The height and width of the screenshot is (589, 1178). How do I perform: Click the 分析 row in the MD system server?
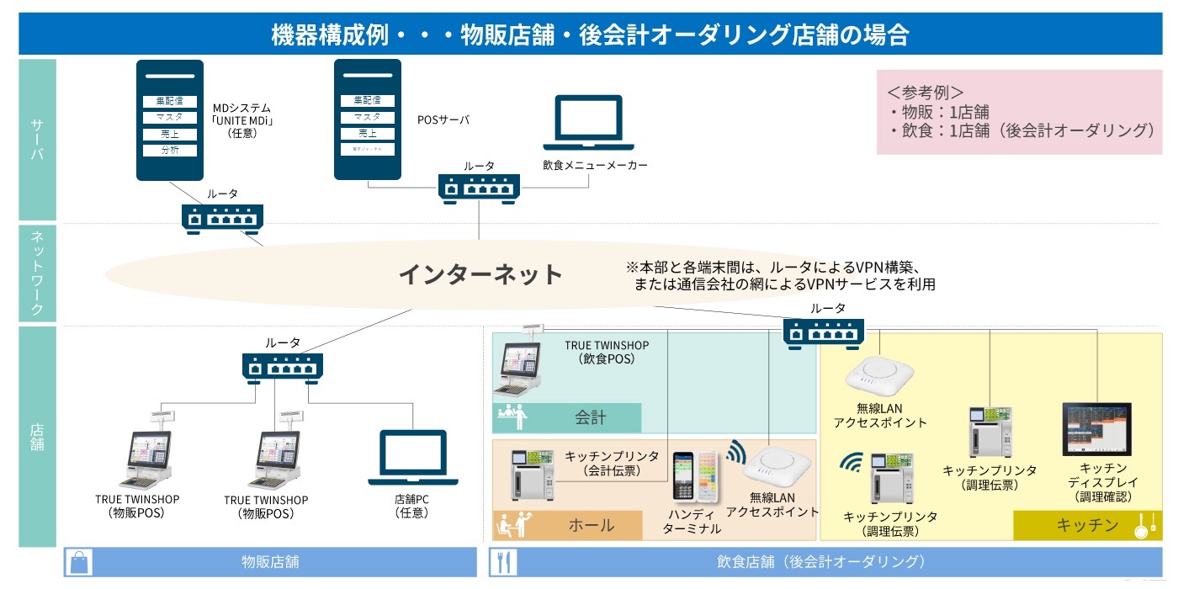169,151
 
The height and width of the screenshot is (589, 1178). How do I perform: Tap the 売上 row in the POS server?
367,133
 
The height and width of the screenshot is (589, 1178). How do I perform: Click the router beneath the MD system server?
223,219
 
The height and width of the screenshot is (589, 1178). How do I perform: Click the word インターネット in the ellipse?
480,274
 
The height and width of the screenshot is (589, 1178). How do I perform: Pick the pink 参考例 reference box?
1018,112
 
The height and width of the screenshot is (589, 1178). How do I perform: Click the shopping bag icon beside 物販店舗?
82,562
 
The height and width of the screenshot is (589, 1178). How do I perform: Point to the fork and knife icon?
504,562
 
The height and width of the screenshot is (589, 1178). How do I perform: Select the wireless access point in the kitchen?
880,374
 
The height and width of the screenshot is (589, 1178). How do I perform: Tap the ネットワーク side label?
37,273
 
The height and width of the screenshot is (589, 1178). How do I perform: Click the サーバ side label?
37,140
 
